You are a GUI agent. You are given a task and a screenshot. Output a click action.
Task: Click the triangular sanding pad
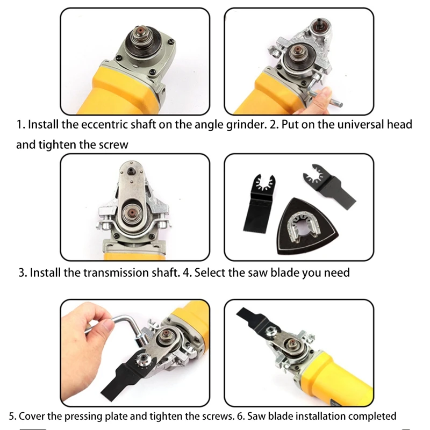point(307,226)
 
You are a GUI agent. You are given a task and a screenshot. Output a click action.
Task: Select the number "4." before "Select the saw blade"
point(187,273)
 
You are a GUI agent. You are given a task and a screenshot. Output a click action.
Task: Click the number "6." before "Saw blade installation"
point(241,416)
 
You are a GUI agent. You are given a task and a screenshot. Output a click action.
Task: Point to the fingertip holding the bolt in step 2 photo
point(326,92)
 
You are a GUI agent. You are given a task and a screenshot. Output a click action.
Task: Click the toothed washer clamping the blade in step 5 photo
point(143,358)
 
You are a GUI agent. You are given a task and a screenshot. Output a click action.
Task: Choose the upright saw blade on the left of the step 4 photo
point(260,204)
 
